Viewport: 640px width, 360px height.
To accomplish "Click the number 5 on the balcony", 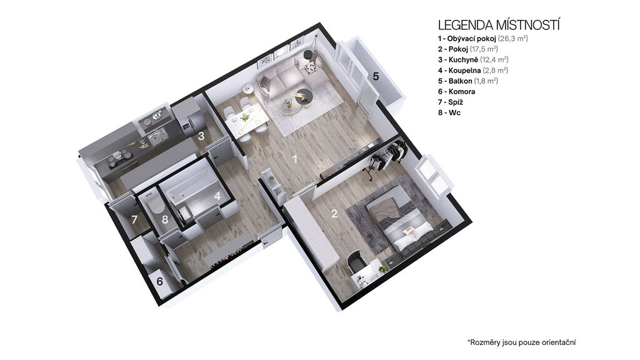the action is point(376,76).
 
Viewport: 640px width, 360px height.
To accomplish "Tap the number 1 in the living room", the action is point(295,159).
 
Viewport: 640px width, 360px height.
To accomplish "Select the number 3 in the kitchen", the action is point(201,136).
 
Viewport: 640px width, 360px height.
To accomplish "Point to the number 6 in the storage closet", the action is point(159,281).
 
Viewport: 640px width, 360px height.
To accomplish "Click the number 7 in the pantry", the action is point(134,220).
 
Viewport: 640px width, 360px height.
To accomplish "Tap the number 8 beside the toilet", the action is point(165,219).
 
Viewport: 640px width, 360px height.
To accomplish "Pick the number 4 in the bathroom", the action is point(217,196).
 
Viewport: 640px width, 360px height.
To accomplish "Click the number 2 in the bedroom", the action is point(334,214).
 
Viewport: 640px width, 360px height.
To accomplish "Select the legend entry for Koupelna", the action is point(473,70).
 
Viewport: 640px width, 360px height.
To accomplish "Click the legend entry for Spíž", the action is point(451,102).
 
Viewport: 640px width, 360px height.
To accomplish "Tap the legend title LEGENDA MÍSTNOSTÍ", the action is point(499,25).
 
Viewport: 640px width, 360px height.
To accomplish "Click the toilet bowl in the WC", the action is point(155,205).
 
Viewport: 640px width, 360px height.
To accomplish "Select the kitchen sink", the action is point(157,136).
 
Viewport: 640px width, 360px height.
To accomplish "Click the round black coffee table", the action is point(304,96).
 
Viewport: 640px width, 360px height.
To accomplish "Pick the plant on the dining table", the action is point(245,117).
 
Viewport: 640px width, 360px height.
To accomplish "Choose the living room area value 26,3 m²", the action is point(513,39).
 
